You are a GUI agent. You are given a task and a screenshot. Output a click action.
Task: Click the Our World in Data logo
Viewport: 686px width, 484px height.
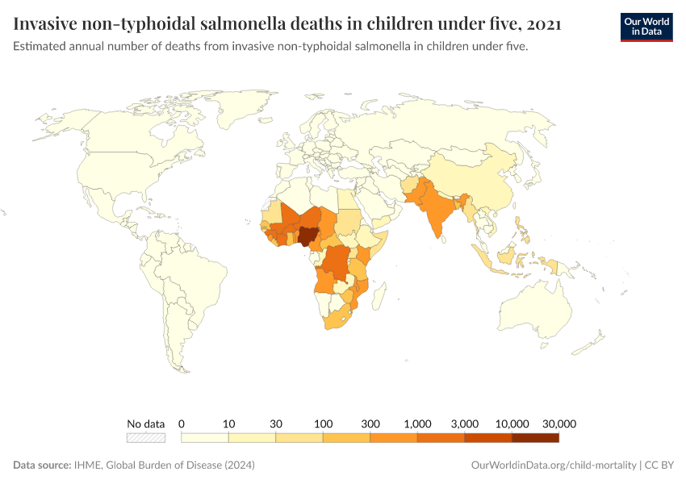[646, 27]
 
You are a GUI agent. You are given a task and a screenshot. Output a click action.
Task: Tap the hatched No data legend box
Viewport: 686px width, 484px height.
[146, 438]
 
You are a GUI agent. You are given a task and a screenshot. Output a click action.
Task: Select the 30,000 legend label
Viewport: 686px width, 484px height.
[558, 423]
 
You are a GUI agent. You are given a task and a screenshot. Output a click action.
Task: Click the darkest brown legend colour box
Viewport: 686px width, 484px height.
[535, 438]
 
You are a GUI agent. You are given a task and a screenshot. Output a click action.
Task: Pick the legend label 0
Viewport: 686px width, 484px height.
[182, 423]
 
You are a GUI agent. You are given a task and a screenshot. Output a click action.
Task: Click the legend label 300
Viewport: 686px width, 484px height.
[370, 423]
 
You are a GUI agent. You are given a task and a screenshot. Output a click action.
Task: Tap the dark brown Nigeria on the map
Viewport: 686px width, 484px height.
[307, 236]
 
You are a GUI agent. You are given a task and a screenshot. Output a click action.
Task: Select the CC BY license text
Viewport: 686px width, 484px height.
[659, 465]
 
